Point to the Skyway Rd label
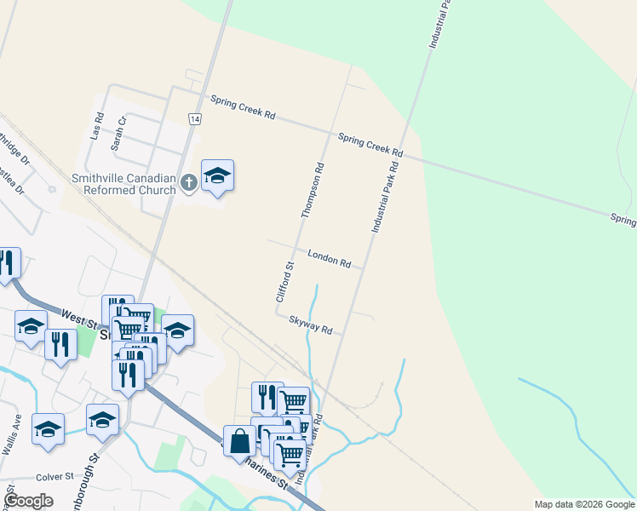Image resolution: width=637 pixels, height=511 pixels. tap(310, 324)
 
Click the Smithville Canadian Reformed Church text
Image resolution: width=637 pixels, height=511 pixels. tap(123, 184)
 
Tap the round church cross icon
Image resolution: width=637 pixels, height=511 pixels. tap(189, 181)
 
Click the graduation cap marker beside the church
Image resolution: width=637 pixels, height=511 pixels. tap(217, 175)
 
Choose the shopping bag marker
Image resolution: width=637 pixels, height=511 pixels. tap(239, 441)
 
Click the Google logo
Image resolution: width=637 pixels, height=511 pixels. tap(29, 501)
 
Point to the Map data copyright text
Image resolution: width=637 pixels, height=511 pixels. tap(584, 504)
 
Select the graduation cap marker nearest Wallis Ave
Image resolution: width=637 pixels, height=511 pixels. tap(48, 429)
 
